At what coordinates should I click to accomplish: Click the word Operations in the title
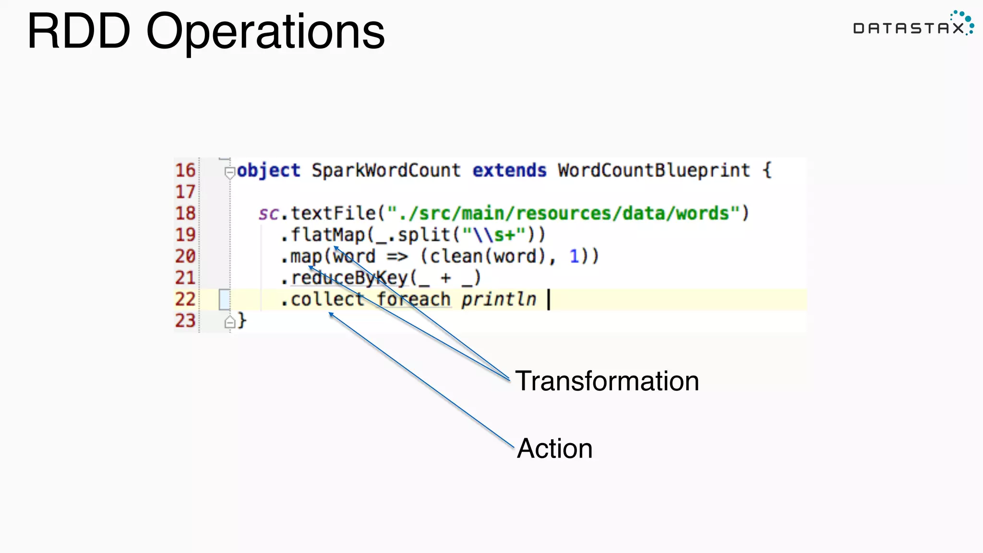point(265,32)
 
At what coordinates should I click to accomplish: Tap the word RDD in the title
point(79,32)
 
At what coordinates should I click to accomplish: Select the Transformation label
point(607,381)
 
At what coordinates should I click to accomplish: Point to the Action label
point(554,448)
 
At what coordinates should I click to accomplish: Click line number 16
point(185,170)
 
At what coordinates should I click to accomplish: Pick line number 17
point(185,192)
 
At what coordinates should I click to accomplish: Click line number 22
point(185,299)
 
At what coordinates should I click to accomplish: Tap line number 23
point(185,321)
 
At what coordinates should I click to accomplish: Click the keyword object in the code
point(268,170)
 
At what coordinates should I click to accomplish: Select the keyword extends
point(509,170)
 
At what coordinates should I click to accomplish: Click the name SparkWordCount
point(386,170)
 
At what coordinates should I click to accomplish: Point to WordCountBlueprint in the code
point(654,170)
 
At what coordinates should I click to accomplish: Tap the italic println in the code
point(498,299)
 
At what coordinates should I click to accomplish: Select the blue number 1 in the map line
point(574,256)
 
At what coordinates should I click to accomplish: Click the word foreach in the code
point(413,299)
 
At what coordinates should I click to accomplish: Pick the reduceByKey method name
point(349,278)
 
